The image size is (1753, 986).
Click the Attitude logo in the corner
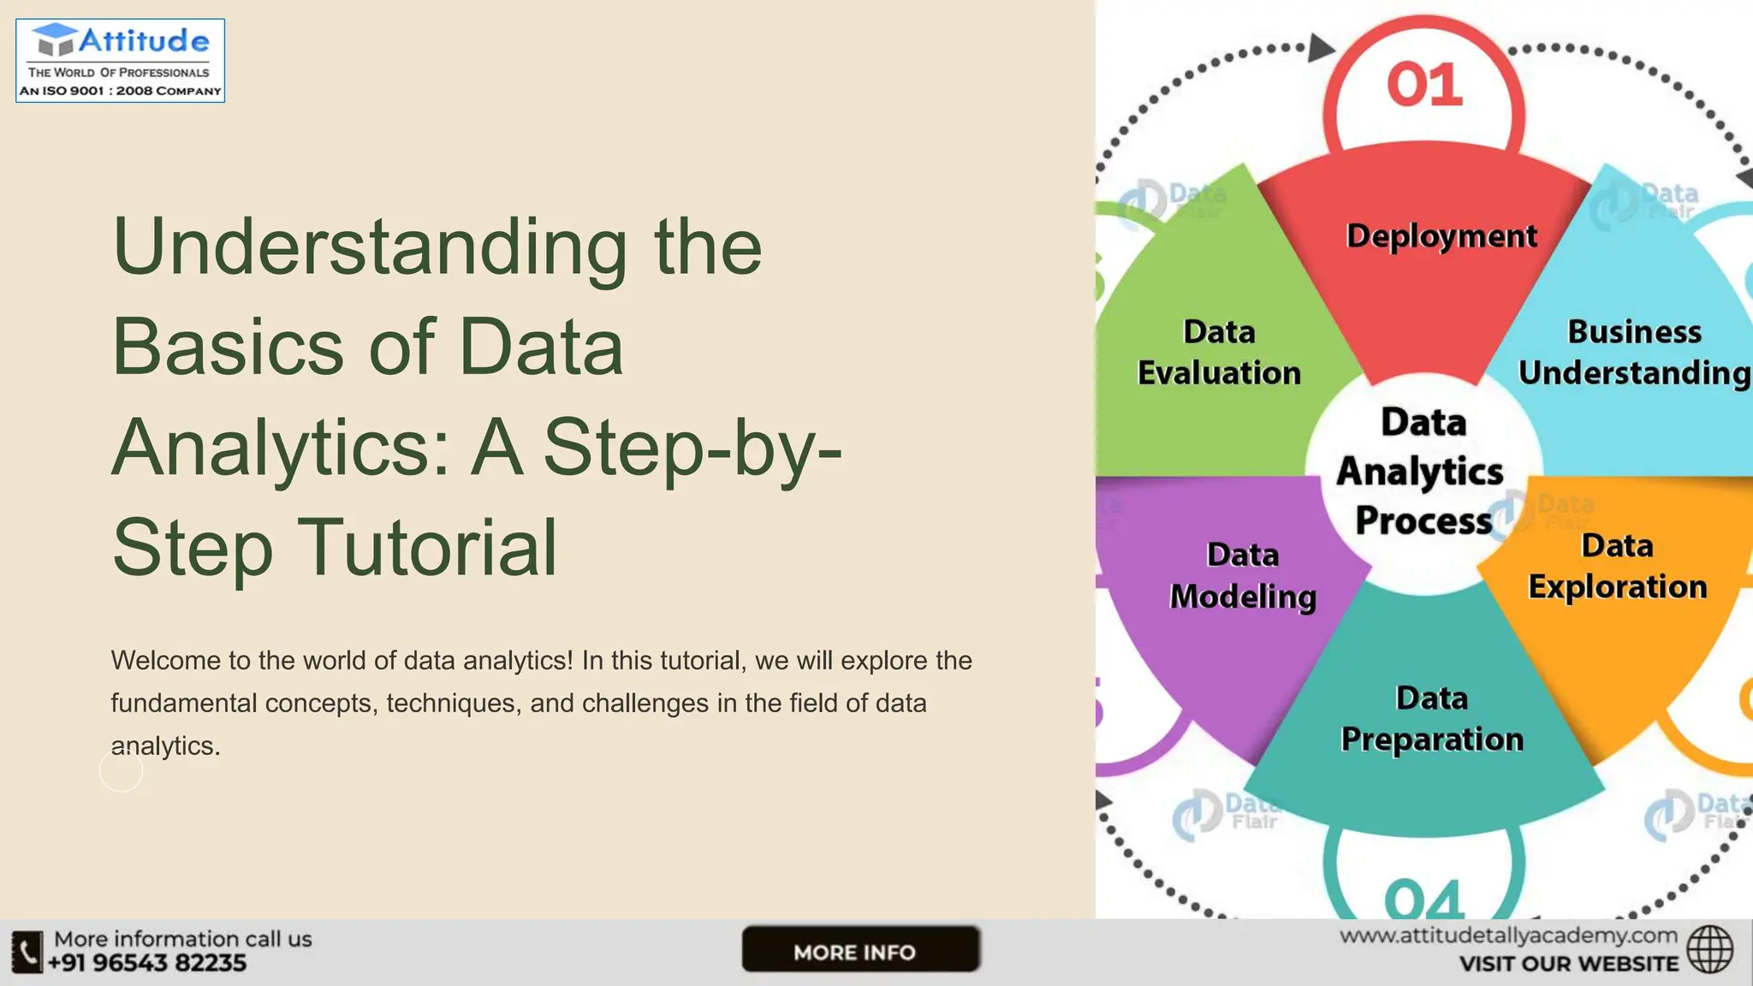(121, 61)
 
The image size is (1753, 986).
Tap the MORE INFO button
(860, 950)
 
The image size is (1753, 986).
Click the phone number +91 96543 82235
(146, 964)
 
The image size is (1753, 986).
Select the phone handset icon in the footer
(27, 952)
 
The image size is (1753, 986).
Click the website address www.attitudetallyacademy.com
(1508, 936)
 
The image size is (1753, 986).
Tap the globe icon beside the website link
(1709, 949)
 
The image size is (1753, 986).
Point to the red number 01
(1424, 85)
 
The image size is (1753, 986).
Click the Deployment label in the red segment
(1441, 236)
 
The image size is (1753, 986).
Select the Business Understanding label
(1634, 352)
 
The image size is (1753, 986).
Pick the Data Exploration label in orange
(1617, 567)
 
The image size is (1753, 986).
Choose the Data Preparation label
(1432, 719)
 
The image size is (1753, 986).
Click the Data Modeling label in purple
(1243, 575)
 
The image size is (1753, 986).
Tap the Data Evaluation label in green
(1219, 352)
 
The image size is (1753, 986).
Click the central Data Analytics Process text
(1423, 471)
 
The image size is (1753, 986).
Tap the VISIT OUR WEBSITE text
(1568, 965)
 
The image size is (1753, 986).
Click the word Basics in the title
(228, 347)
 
